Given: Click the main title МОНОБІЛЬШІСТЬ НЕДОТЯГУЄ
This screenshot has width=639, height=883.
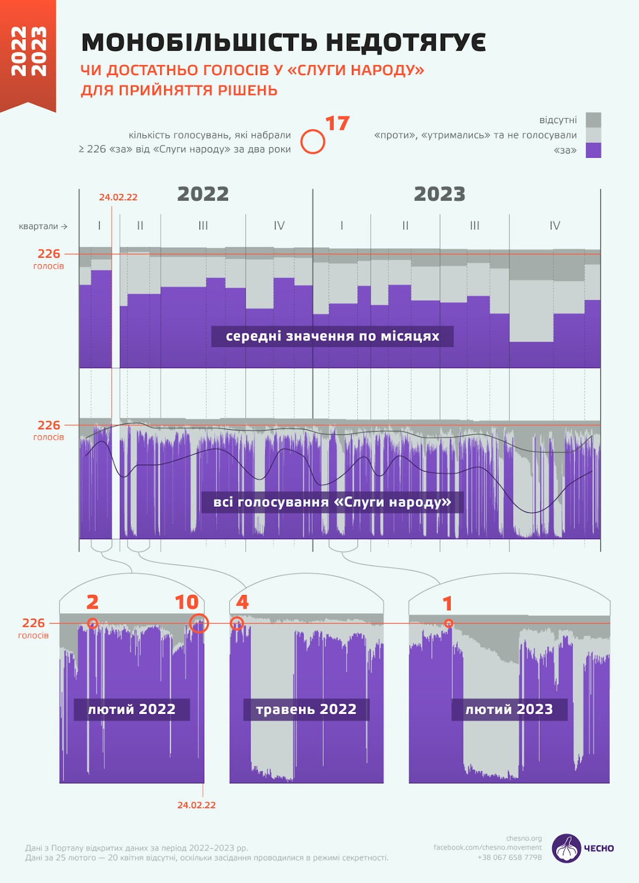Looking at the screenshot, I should [283, 42].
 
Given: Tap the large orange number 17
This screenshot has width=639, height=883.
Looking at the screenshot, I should [337, 124].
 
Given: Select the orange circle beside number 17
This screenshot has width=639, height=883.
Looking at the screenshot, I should [313, 142].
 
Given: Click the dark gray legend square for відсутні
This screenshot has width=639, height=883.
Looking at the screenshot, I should [593, 120].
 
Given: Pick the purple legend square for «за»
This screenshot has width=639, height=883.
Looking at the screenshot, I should [593, 150].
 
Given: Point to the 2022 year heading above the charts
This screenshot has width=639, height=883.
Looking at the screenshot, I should [203, 194].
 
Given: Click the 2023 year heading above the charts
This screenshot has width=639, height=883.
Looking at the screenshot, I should [440, 194].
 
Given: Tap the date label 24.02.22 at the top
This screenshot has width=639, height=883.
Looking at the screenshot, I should [118, 197].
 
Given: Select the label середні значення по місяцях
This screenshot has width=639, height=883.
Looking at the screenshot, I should [332, 336].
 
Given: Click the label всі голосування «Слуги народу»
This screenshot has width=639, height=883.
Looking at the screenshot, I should [332, 502].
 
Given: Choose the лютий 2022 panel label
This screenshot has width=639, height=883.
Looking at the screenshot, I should [131, 709].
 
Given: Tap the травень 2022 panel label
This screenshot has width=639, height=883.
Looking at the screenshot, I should [306, 709].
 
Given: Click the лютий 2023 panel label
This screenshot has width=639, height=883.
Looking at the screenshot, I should [509, 709].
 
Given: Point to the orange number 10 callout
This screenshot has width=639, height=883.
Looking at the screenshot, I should [187, 602].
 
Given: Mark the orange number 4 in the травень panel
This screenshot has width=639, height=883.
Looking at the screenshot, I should [242, 602].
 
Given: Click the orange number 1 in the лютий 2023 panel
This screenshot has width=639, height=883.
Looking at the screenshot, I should [448, 604].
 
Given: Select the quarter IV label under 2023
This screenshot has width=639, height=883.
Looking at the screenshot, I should [554, 226].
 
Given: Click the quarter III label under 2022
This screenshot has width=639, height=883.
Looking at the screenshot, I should [203, 226].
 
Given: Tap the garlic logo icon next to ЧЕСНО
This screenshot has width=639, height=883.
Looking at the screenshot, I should [566, 848].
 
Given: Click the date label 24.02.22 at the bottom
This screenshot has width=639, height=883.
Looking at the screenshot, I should [196, 805].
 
